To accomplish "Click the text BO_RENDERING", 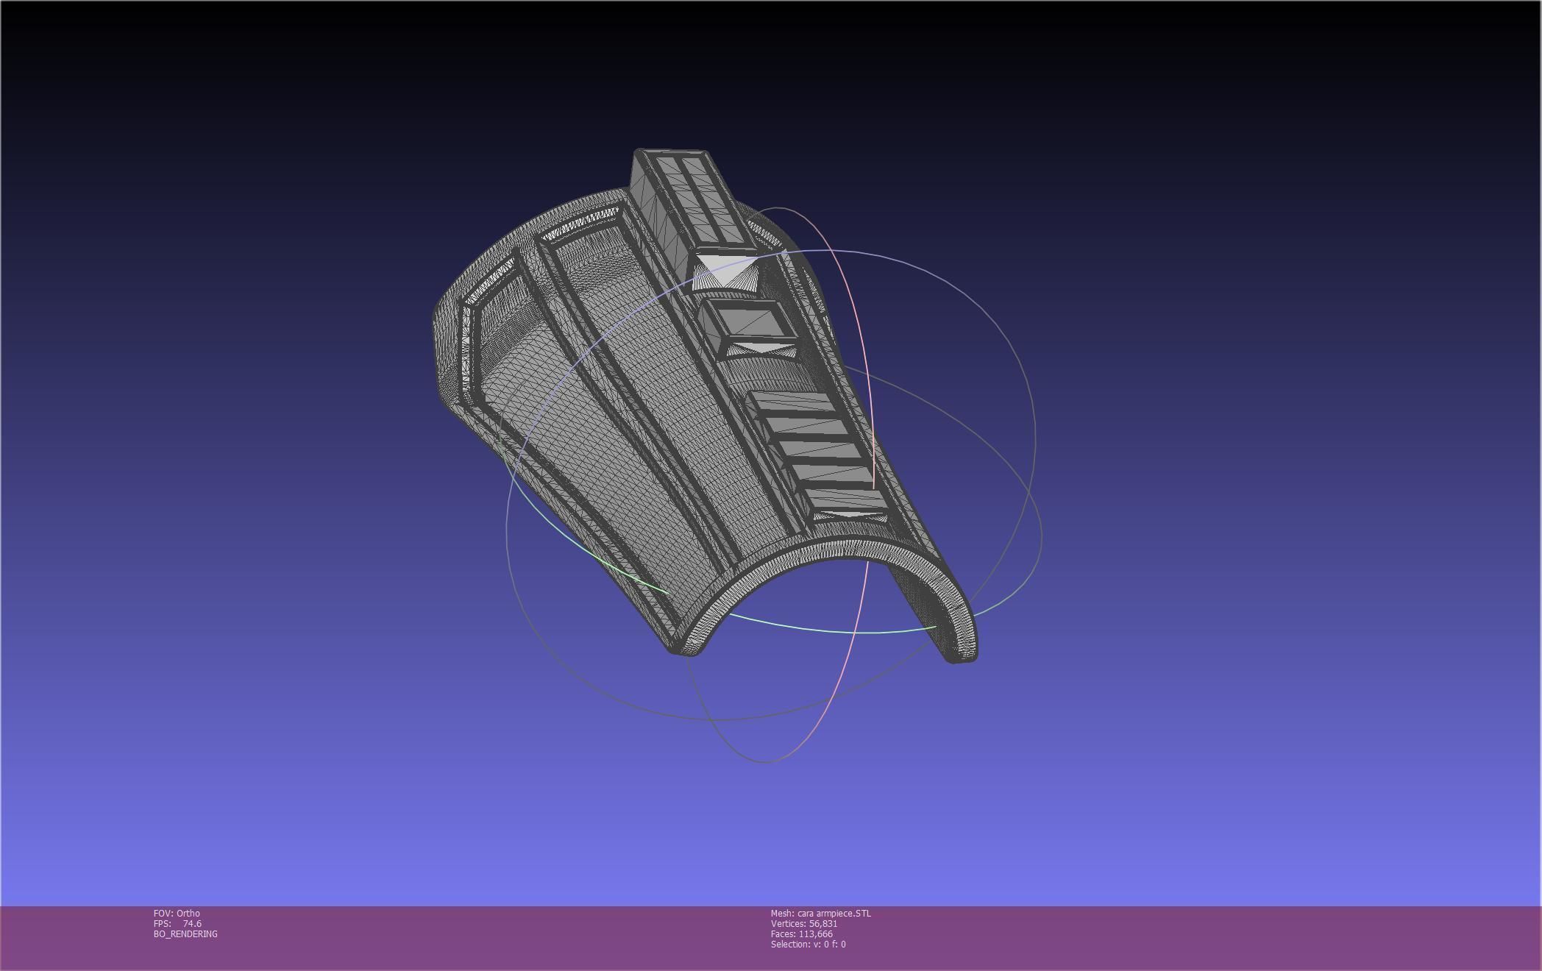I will tap(185, 933).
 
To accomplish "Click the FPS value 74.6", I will tap(192, 923).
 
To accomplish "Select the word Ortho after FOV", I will tap(188, 913).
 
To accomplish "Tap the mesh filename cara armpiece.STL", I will tap(834, 913).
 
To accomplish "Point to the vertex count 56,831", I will tap(822, 923).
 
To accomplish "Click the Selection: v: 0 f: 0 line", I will tap(808, 944).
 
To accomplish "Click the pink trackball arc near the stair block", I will tap(873, 441).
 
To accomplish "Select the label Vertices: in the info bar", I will tap(789, 923).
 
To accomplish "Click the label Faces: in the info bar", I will tap(784, 933).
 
